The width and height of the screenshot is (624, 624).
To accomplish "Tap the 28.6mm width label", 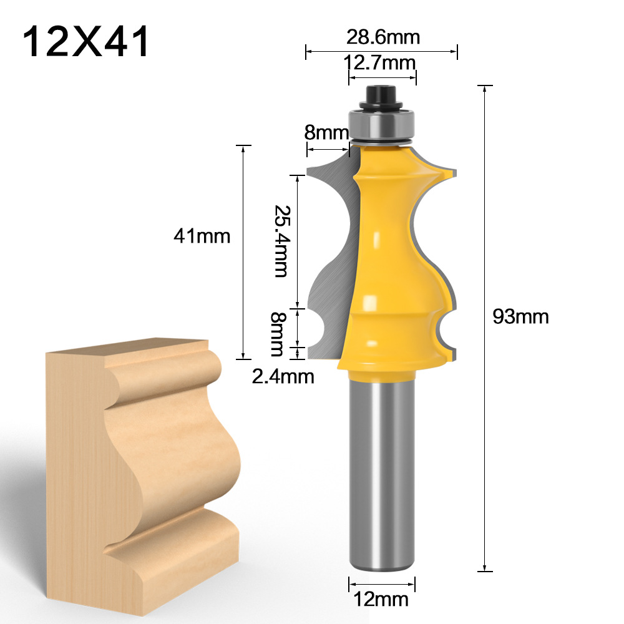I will click(x=383, y=37).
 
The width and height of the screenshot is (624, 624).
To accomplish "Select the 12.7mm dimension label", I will click(x=381, y=62).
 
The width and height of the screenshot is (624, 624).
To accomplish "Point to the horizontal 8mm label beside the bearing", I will click(x=326, y=132).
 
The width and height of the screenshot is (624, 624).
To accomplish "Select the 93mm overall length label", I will click(x=520, y=317).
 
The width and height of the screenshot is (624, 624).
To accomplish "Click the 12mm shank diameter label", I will click(x=381, y=600).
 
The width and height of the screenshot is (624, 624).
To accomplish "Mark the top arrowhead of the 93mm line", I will click(x=485, y=87).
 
